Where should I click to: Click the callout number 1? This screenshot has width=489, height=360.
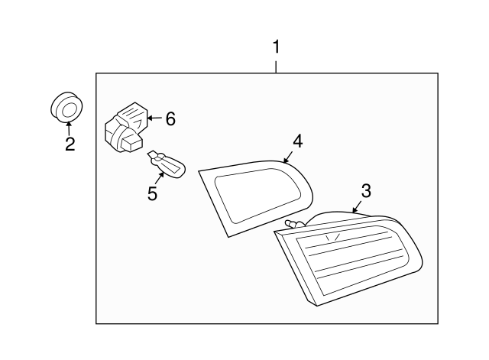coord(277,47)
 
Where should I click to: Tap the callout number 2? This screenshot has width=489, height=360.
coord(70,144)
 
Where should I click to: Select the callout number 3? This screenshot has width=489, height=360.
coord(367,190)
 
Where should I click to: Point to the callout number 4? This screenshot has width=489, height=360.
coord(298,141)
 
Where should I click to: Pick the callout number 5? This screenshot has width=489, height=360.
coord(152,193)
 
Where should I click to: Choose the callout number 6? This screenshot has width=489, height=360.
coord(170,118)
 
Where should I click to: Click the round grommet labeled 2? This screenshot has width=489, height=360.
coord(67,106)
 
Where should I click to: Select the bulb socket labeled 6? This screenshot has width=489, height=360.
coord(125,128)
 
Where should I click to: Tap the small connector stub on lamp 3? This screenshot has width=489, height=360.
coord(293,223)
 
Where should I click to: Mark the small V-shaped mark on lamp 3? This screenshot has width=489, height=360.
coord(331,238)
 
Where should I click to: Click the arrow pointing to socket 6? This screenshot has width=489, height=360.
coord(153,118)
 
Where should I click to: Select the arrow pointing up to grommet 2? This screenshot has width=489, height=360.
coord(69,127)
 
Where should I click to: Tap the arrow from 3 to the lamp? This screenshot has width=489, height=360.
coord(357,204)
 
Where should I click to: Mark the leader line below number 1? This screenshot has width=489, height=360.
coord(277,65)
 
